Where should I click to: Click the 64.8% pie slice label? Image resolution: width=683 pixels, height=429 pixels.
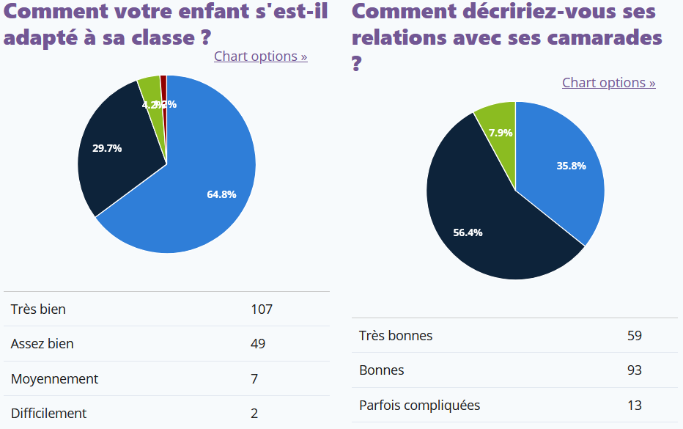tap(221, 194)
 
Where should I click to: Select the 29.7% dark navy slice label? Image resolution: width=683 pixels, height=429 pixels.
tap(107, 148)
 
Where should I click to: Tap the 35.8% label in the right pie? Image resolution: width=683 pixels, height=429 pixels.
tap(571, 166)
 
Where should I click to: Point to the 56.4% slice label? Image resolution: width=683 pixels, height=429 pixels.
tap(468, 232)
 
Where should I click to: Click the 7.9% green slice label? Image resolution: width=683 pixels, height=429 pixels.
tap(501, 133)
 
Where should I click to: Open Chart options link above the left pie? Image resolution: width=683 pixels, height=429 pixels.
tap(260, 56)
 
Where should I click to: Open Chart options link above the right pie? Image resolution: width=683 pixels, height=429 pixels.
tap(608, 83)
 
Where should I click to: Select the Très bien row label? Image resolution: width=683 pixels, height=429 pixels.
tap(38, 309)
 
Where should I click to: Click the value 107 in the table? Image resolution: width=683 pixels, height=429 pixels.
tap(262, 309)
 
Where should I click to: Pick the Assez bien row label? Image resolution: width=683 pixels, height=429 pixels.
tap(43, 344)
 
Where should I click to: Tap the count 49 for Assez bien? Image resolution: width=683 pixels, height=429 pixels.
tap(258, 344)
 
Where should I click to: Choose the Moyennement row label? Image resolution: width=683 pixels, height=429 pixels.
tap(54, 379)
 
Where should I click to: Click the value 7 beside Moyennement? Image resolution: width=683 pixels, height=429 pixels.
tap(254, 379)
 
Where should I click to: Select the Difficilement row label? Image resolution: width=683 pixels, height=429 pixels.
tap(48, 414)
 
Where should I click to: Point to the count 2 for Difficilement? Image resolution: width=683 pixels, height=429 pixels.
tap(254, 414)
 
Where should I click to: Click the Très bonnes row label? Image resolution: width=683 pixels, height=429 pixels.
tap(396, 336)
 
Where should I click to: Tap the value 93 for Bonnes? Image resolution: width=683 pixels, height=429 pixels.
tap(635, 370)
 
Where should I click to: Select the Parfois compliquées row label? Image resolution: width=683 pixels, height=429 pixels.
tap(419, 406)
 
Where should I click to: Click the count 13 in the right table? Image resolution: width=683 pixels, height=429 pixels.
tap(635, 406)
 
